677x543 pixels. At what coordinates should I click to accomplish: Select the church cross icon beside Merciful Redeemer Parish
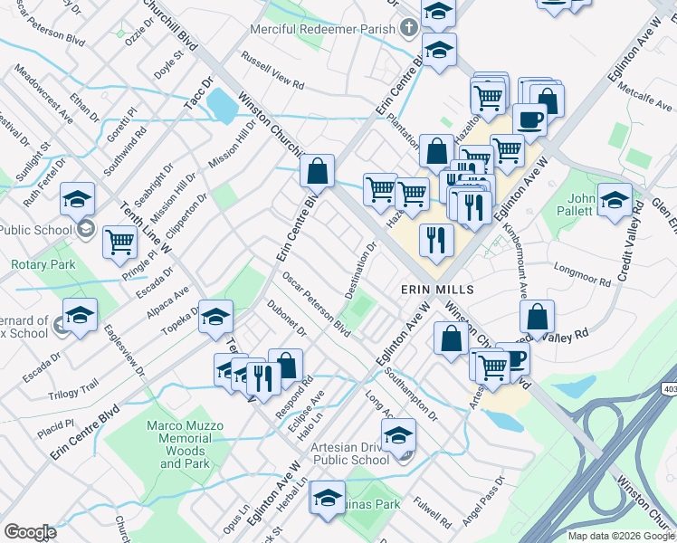click(409, 28)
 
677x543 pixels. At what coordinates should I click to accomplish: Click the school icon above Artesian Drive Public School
click(398, 437)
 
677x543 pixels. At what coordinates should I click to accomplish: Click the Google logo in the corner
click(30, 531)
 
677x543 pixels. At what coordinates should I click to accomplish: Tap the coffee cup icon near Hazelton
click(529, 119)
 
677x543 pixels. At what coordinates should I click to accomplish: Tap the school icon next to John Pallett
click(615, 200)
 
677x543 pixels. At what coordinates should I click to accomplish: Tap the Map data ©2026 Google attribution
click(621, 536)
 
